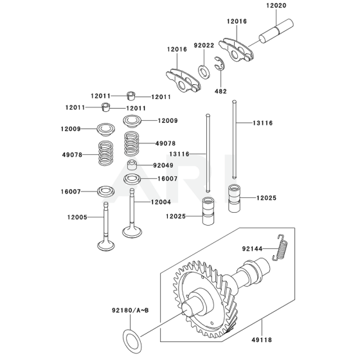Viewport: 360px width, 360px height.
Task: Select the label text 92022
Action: [x=206, y=46]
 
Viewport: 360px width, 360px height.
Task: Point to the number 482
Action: [x=221, y=91]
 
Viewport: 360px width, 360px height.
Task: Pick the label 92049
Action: [x=162, y=165]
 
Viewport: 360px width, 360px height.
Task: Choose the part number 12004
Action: [x=162, y=202]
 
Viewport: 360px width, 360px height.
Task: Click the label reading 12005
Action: [x=78, y=217]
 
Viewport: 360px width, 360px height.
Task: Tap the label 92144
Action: [x=253, y=248]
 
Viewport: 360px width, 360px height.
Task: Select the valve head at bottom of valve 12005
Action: [x=105, y=245]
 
